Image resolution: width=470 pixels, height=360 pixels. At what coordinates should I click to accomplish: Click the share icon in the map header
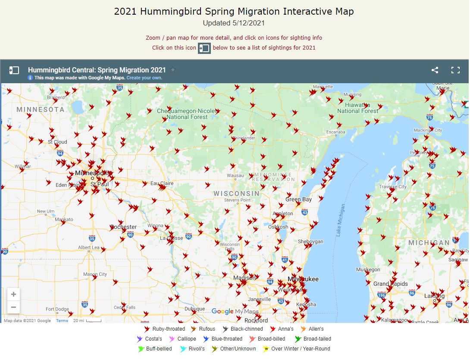point(435,70)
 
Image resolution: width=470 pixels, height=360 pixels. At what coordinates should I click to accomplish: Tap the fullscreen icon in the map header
point(455,70)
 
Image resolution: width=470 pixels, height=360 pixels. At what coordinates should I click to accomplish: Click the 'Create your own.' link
point(144,78)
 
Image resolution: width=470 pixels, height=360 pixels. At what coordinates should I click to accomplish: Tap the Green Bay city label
point(298,200)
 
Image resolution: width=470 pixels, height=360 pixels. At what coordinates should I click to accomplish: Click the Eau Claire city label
point(162,183)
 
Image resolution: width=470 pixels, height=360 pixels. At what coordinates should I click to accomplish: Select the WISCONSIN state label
point(237,194)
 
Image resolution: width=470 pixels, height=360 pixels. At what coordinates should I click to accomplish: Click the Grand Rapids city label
point(390,284)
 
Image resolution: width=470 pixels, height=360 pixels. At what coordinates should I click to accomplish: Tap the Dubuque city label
point(194,309)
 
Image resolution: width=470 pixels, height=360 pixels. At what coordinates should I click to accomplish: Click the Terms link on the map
point(62,321)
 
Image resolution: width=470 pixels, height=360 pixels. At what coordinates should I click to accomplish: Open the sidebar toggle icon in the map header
point(14,70)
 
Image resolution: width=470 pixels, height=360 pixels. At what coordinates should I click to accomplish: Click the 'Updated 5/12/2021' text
point(234,23)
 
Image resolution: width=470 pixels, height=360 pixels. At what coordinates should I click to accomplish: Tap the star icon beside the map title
point(173,70)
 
